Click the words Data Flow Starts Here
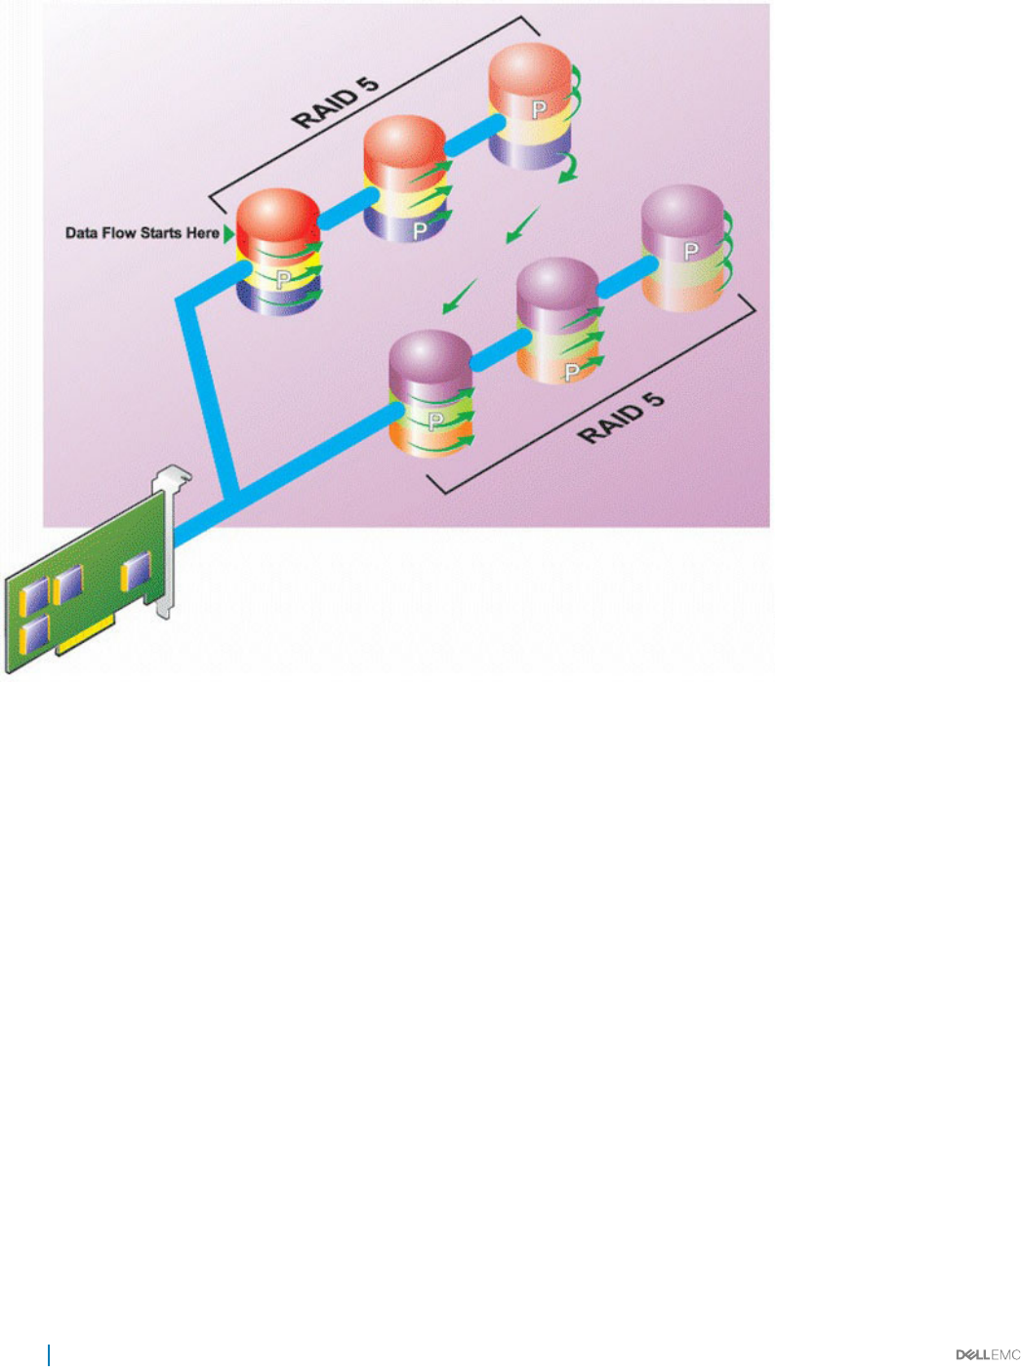[142, 233]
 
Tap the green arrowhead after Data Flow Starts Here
[229, 234]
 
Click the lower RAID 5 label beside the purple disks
[621, 419]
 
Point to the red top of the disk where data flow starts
[278, 213]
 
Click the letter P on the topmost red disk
[539, 109]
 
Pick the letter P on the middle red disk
[420, 231]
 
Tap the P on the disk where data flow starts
[283, 280]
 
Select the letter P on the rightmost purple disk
[691, 251]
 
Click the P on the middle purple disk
[572, 371]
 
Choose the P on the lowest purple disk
[436, 422]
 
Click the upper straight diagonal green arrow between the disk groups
[522, 225]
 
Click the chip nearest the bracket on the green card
[136, 571]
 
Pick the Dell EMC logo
[987, 1354]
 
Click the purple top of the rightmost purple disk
[682, 209]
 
